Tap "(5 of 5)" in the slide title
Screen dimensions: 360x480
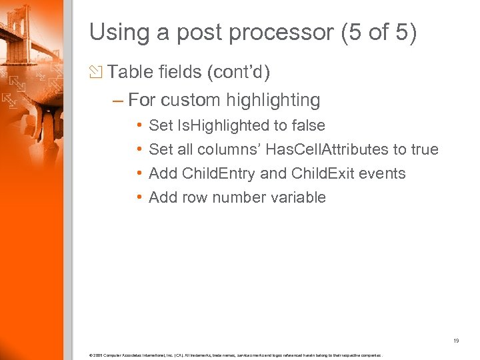[x=379, y=33]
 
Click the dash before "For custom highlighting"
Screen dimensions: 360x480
[x=118, y=101]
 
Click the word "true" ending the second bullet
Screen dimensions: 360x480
[x=425, y=149]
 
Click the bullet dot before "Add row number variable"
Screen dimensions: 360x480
[x=138, y=197]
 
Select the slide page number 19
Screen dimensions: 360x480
[x=456, y=341]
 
